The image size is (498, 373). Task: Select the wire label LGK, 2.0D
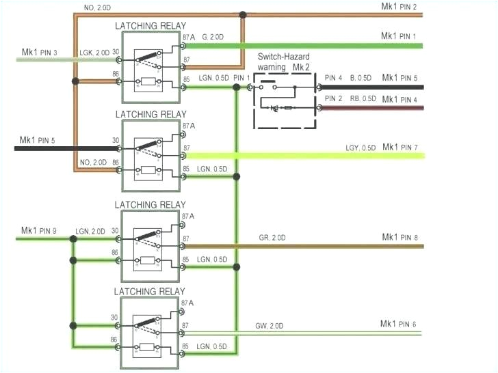93,53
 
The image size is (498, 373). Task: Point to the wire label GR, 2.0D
272,237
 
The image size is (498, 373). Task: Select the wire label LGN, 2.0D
91,231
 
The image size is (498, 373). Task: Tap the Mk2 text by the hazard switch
302,68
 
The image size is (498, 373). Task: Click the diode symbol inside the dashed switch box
274,108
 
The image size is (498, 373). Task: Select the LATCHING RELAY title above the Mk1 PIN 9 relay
150,204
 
